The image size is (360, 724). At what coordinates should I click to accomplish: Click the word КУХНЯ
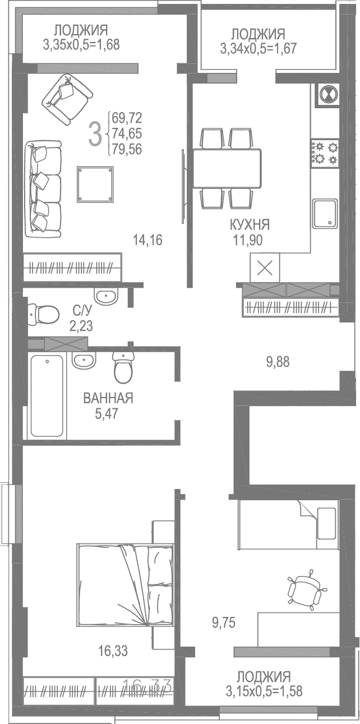coord(250,225)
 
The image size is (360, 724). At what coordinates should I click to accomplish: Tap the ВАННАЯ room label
coord(108,399)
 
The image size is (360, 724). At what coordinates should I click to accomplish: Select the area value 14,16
coord(147,241)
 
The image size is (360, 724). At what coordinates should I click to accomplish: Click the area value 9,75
coord(223,621)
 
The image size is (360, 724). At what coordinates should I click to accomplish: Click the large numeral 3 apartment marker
coord(96,133)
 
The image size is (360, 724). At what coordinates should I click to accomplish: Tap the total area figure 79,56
coord(127,149)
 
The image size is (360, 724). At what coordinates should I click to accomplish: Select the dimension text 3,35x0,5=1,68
coord(81,44)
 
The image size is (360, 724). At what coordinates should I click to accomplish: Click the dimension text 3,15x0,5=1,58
coord(264,691)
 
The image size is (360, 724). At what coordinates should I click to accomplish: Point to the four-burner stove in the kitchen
coord(325,153)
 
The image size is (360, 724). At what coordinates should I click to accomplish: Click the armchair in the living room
coord(67,98)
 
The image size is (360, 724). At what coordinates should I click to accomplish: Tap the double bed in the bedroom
coord(125,584)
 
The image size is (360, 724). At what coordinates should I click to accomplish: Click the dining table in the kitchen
coord(227,168)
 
